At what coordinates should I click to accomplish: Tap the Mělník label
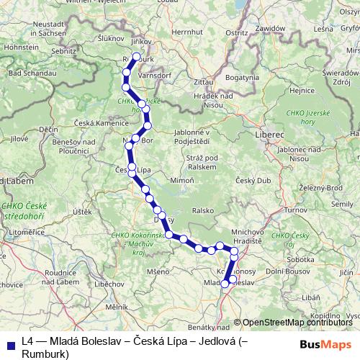tap(116, 306)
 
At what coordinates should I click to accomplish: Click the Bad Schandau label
tap(27, 74)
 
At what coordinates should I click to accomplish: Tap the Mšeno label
tap(158, 271)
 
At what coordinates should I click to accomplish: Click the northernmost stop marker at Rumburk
tap(136, 56)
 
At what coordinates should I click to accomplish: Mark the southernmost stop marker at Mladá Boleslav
tap(225, 284)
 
